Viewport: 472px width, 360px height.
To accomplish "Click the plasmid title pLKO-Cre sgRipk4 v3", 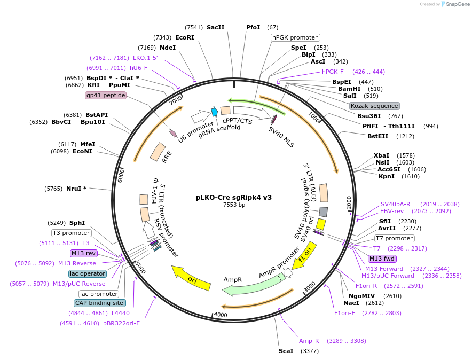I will (233, 197).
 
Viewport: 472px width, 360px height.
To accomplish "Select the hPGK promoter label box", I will (295, 37).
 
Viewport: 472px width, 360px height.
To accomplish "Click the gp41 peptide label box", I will (106, 95).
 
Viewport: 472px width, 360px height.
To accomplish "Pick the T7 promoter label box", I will (394, 238).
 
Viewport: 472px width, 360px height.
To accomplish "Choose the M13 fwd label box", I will (382, 259).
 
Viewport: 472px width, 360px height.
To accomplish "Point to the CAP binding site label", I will (97, 303).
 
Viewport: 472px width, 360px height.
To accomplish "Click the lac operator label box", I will (88, 273).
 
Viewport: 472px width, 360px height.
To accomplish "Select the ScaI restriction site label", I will (286, 351).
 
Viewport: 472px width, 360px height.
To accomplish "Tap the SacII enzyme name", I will (215, 27).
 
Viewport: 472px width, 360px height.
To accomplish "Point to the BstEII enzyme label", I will (379, 136).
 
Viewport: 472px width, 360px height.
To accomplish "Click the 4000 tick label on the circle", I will (221, 315).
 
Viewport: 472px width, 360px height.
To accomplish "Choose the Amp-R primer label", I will (309, 340).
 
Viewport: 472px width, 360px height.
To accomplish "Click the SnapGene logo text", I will (457, 4).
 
